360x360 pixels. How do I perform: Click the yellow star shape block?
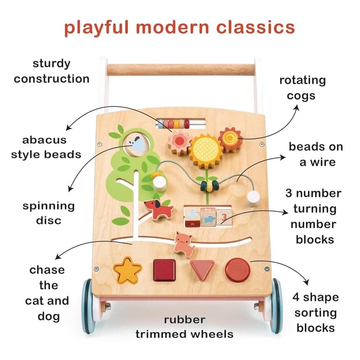[x=127, y=270]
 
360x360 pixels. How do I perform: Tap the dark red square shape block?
[x=165, y=270]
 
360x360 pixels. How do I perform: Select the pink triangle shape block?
[x=202, y=270]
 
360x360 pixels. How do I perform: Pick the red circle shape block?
[x=238, y=270]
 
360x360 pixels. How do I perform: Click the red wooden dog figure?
[x=158, y=209]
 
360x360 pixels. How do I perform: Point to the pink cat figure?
[x=184, y=245]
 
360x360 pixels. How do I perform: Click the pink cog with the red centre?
[x=180, y=142]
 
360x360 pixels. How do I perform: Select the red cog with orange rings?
[x=230, y=138]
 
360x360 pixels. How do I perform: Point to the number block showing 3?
[x=224, y=217]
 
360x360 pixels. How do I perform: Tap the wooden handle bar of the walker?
[x=181, y=70]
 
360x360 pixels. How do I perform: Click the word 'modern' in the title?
[x=172, y=27]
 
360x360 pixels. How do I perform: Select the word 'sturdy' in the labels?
[x=52, y=64]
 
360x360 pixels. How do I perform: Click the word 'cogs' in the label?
[x=301, y=96]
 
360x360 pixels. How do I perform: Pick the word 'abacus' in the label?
[x=45, y=140]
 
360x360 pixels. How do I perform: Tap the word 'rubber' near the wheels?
[x=185, y=320]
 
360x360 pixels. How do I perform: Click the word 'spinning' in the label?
[x=49, y=206]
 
